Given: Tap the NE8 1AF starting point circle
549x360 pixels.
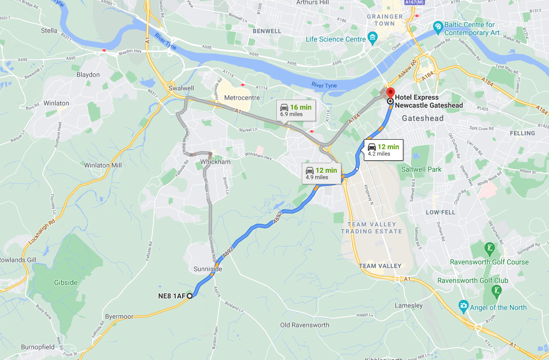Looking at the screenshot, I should click(x=190, y=296).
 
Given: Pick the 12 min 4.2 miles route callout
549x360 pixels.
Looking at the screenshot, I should click(x=383, y=150).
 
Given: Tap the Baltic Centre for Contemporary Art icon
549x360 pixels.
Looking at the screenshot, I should click(x=438, y=26).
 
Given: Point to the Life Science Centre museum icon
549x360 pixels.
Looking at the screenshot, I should click(x=372, y=38).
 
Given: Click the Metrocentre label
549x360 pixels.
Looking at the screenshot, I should click(x=242, y=98).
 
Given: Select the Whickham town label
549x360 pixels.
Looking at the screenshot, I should click(x=214, y=162).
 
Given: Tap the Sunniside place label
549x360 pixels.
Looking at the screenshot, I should click(x=207, y=269).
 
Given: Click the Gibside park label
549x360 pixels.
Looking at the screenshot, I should click(x=66, y=282).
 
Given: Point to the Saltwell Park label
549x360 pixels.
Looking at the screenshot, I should click(x=421, y=169).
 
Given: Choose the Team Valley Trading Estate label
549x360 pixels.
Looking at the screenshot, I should click(x=371, y=228).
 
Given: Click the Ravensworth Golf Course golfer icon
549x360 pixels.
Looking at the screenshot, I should click(x=489, y=248).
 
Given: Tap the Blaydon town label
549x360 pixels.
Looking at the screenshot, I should click(x=88, y=75).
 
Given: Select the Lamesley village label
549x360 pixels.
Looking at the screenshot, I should click(x=408, y=305).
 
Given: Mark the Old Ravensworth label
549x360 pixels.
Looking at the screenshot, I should click(x=304, y=325).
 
